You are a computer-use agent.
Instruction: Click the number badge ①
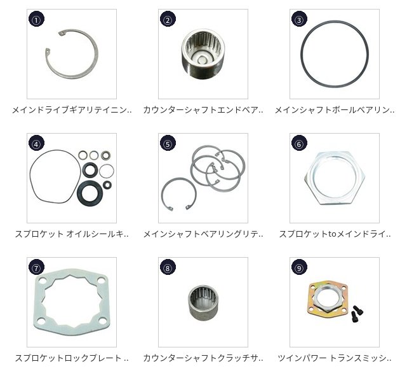(x=36, y=19)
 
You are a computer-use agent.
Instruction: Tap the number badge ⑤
(x=168, y=143)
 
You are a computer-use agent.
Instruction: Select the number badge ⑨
(x=299, y=267)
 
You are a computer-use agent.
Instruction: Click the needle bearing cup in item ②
(x=203, y=54)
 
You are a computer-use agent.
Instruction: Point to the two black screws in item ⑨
(x=356, y=314)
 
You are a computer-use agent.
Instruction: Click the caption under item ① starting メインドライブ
(x=72, y=110)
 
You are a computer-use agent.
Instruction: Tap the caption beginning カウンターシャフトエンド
(x=203, y=110)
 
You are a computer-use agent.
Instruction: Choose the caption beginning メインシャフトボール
(x=335, y=110)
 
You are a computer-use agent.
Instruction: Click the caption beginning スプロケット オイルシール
(x=72, y=234)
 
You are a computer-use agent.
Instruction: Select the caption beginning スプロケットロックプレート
(x=72, y=358)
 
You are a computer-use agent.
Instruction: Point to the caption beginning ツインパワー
(x=335, y=358)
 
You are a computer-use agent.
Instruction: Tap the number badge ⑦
(x=36, y=267)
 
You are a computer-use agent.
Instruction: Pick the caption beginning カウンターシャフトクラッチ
(x=203, y=358)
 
